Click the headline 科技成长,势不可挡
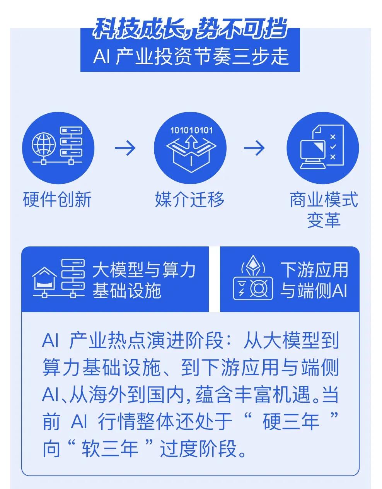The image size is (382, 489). pyautogui.click(x=190, y=29)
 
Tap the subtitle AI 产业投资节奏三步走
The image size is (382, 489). pyautogui.click(x=191, y=56)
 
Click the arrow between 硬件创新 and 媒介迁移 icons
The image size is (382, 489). pyautogui.click(x=125, y=148)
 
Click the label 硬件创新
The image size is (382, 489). pyautogui.click(x=58, y=200)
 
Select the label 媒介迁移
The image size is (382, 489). pyautogui.click(x=190, y=200)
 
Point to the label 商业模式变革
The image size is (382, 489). pyautogui.click(x=324, y=210)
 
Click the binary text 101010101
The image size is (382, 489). pyautogui.click(x=191, y=130)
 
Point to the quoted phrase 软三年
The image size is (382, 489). pyautogui.click(x=111, y=449)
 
